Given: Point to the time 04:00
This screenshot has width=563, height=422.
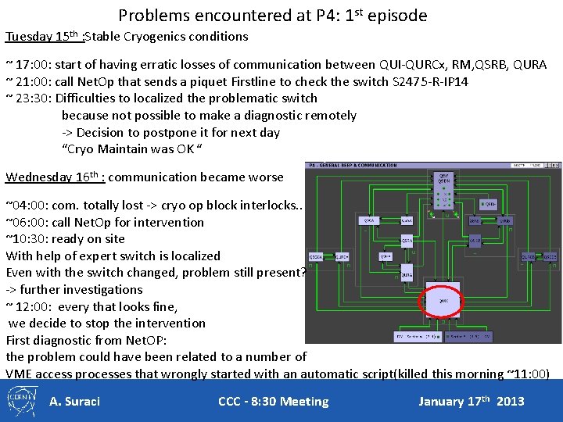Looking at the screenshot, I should [x=25, y=206].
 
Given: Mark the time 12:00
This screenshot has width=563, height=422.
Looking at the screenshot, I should [x=30, y=306].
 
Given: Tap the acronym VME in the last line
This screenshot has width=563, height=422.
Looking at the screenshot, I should [x=20, y=374].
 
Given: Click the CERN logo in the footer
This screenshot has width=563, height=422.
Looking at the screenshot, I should [x=23, y=401].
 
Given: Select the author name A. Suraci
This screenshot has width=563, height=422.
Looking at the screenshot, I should [x=74, y=402].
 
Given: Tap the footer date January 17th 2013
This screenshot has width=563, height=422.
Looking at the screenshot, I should [x=471, y=402].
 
